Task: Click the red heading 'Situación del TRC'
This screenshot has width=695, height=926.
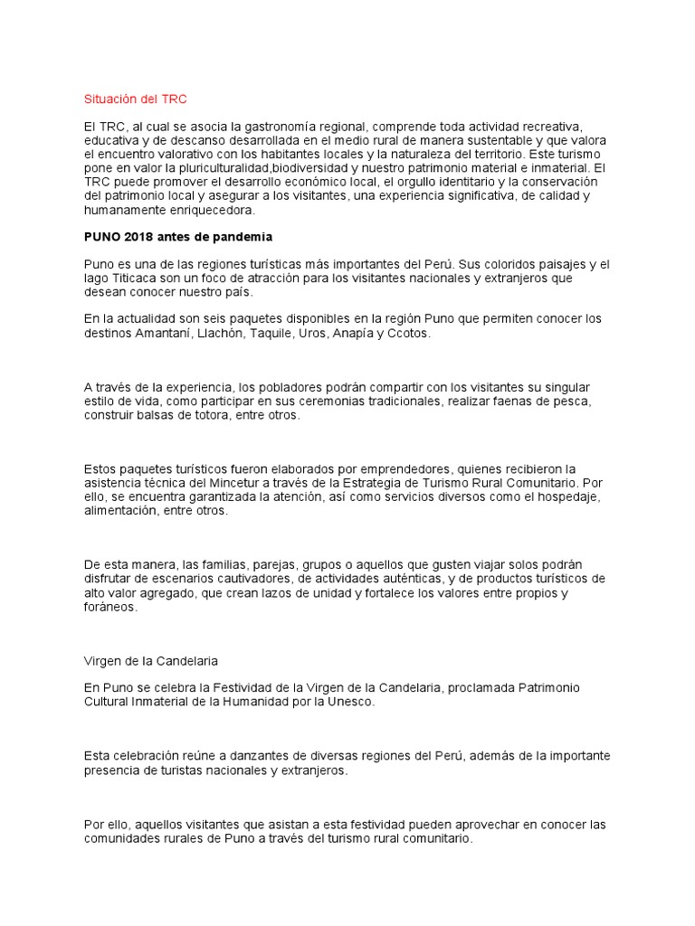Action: tap(135, 99)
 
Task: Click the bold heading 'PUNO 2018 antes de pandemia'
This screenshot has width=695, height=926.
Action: tap(177, 238)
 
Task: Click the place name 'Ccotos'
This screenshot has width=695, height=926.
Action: tap(409, 333)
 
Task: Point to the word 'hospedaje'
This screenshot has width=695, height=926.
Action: tap(568, 496)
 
